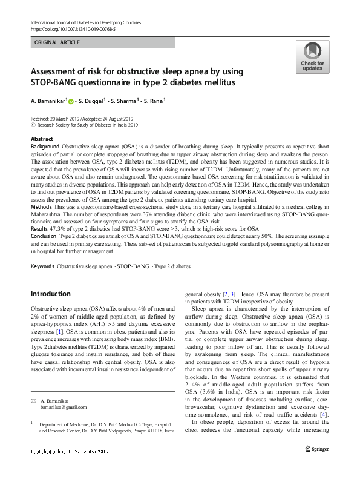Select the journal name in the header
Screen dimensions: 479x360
coord(85,22)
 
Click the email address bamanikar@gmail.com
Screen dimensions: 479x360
coord(64,407)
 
